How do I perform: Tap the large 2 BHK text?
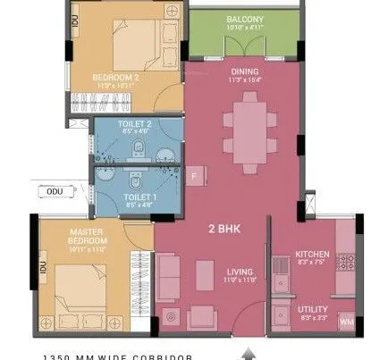pos(224,229)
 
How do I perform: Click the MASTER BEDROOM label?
pos(88,238)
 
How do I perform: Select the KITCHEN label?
pos(312,255)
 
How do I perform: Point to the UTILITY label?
pos(312,309)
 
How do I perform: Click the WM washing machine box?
pos(347,322)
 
